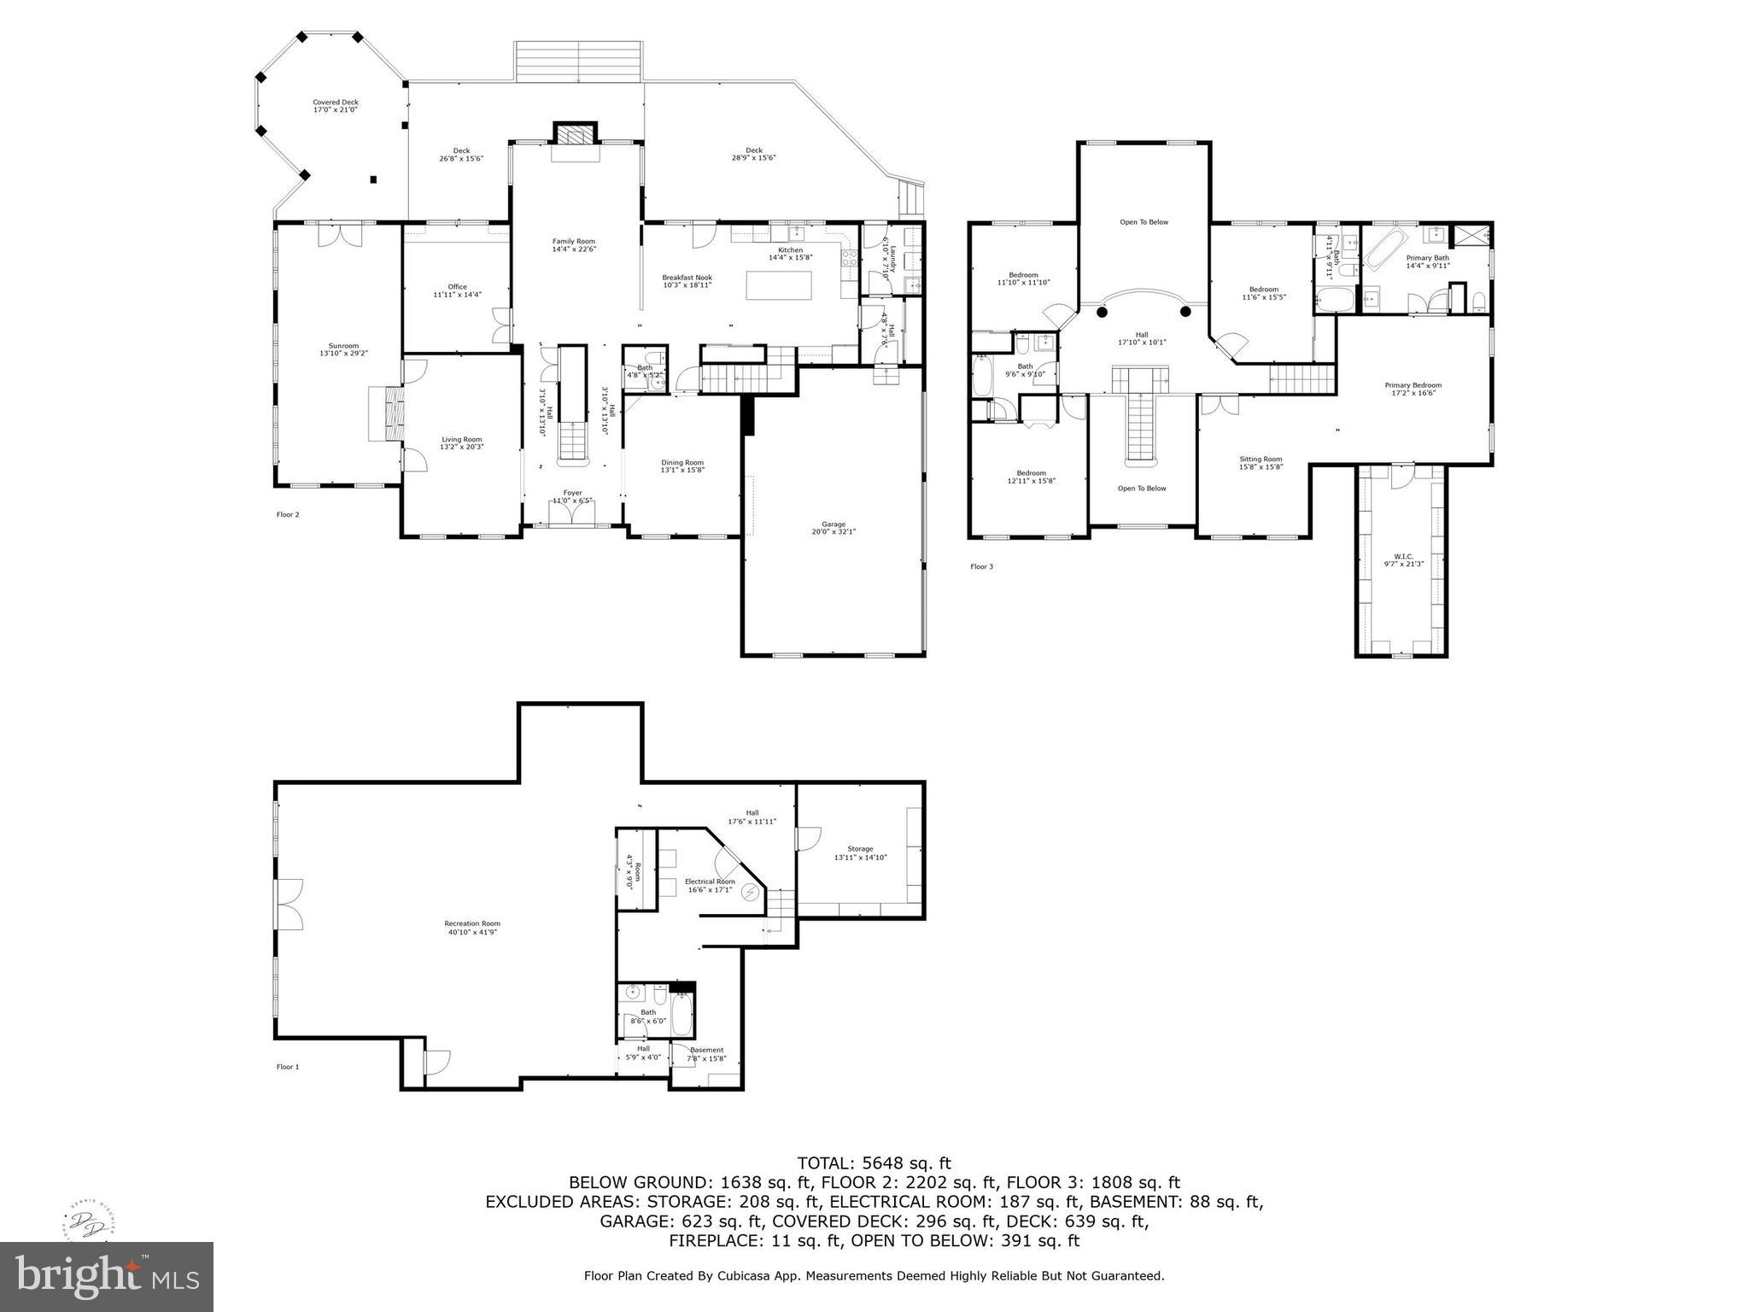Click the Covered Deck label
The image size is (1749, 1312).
pyautogui.click(x=335, y=106)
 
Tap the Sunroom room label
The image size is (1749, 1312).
pyautogui.click(x=338, y=349)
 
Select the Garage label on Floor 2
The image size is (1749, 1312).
pyautogui.click(x=834, y=528)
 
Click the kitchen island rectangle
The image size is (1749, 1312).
pyautogui.click(x=780, y=285)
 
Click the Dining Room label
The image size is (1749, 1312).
pyautogui.click(x=681, y=466)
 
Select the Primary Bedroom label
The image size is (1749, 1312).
pyautogui.click(x=1413, y=389)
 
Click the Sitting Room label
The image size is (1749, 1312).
pyautogui.click(x=1261, y=463)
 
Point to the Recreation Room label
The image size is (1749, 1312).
pyautogui.click(x=471, y=928)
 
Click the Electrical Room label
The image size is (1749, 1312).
pyautogui.click(x=710, y=885)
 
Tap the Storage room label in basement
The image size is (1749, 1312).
pyautogui.click(x=860, y=852)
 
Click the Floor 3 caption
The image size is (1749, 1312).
pyautogui.click(x=981, y=566)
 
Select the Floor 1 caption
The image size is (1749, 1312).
pyautogui.click(x=288, y=1067)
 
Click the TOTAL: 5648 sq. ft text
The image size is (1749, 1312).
pyautogui.click(x=874, y=1163)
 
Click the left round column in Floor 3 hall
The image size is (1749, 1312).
pyautogui.click(x=1102, y=313)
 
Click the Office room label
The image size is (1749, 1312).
pyautogui.click(x=457, y=290)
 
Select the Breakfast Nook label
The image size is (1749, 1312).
pyautogui.click(x=687, y=281)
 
